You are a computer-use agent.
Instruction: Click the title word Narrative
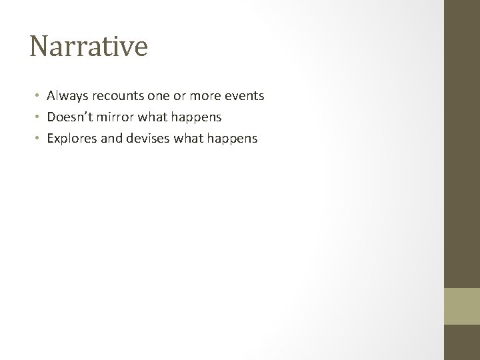coord(89,47)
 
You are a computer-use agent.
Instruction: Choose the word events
coord(244,96)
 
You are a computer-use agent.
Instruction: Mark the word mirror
coord(117,117)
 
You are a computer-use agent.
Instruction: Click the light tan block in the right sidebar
coord(462,306)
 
